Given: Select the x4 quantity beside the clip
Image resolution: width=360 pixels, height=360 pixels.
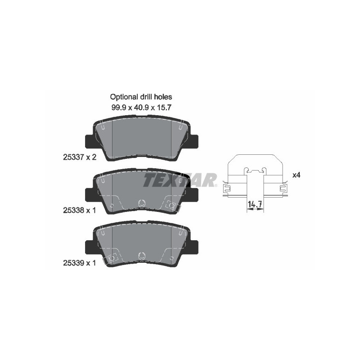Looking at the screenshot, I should [296, 175].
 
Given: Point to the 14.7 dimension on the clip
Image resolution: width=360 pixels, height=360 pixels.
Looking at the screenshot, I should [255, 205].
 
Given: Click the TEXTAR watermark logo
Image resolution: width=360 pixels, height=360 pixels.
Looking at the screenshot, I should [180, 180].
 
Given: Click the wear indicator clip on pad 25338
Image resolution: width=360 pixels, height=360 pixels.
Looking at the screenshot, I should [172, 206].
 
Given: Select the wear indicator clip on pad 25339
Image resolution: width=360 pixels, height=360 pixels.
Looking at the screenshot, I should [111, 258].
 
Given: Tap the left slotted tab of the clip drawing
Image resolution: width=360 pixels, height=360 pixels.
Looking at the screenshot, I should [227, 188].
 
